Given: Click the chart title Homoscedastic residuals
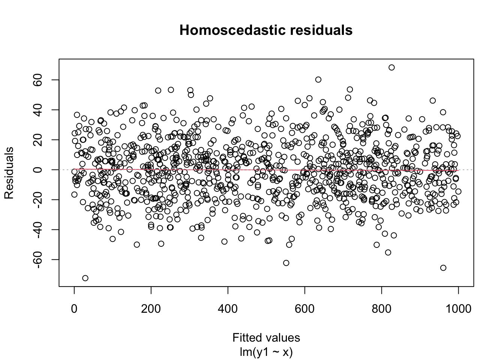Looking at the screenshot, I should point(266,30).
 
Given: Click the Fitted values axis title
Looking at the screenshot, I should point(266,337).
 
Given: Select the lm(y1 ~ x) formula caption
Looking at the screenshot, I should point(266,352).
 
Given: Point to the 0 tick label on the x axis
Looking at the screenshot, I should point(74,309).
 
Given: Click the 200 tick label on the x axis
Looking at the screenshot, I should point(151,309).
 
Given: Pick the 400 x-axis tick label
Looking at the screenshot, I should point(228,309).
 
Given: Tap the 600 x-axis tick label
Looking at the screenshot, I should point(304,309).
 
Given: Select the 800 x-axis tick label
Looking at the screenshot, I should point(381,309).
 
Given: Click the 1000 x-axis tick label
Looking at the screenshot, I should point(458,309).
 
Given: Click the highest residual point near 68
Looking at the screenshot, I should point(391,67).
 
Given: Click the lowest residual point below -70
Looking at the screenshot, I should point(85,278).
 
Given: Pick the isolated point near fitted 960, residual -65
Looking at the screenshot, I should point(443,268).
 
